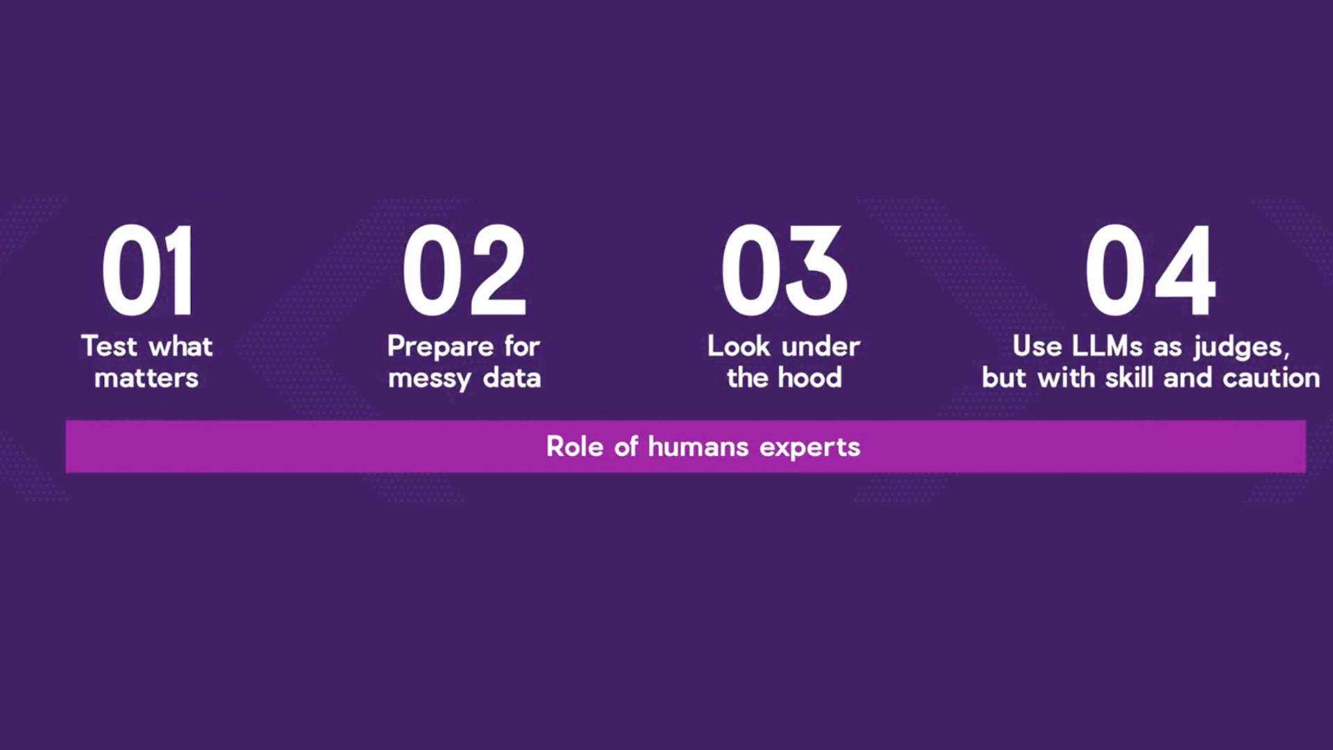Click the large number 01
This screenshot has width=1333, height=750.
click(147, 270)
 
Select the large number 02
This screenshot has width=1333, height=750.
click(464, 270)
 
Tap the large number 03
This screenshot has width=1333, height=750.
click(785, 270)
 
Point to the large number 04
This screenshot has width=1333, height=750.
click(1150, 270)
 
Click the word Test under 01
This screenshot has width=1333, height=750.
click(108, 346)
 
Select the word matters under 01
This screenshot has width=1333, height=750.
click(146, 378)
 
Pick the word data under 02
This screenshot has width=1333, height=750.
click(512, 378)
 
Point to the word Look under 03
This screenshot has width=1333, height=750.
click(739, 346)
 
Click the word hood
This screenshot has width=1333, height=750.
click(810, 378)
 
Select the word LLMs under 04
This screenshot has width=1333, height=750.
click(1107, 346)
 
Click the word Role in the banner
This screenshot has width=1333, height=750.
click(574, 447)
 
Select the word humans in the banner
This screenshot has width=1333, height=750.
click(698, 447)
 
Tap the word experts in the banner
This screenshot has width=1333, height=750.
click(810, 448)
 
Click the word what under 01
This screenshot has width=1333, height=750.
click(181, 346)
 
